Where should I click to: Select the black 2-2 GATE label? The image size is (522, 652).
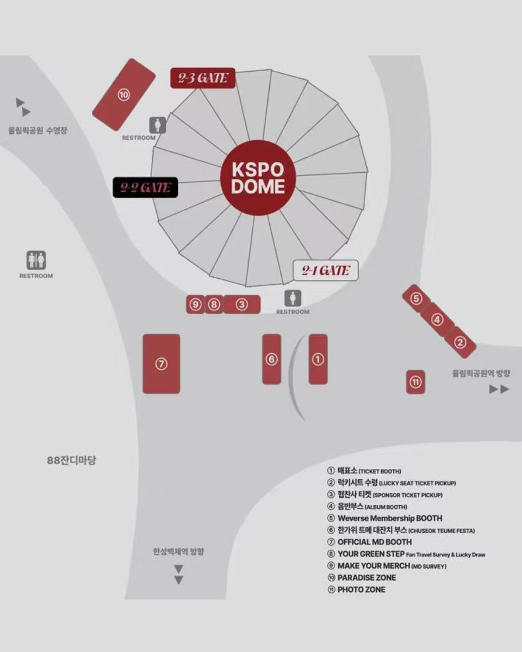click(145, 188)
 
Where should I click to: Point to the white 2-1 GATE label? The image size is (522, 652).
click(326, 271)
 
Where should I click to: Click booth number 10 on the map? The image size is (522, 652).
click(124, 95)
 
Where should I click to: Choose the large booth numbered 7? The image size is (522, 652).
click(161, 363)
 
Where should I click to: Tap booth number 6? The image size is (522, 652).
click(272, 359)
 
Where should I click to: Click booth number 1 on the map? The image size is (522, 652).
click(318, 359)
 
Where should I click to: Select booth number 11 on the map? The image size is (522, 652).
click(415, 382)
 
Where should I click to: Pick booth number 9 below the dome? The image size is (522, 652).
click(195, 305)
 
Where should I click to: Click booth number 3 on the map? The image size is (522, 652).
click(242, 305)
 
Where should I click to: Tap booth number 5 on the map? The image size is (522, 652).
click(416, 298)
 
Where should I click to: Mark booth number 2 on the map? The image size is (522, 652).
click(460, 342)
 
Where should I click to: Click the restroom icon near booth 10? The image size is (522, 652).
click(158, 125)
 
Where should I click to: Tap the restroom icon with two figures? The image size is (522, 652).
click(36, 261)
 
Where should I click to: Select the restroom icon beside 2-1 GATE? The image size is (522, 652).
click(293, 298)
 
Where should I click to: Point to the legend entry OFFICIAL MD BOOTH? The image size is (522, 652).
click(374, 542)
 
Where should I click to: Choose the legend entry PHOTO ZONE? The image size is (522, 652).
click(361, 590)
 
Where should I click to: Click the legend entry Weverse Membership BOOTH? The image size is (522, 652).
click(389, 518)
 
